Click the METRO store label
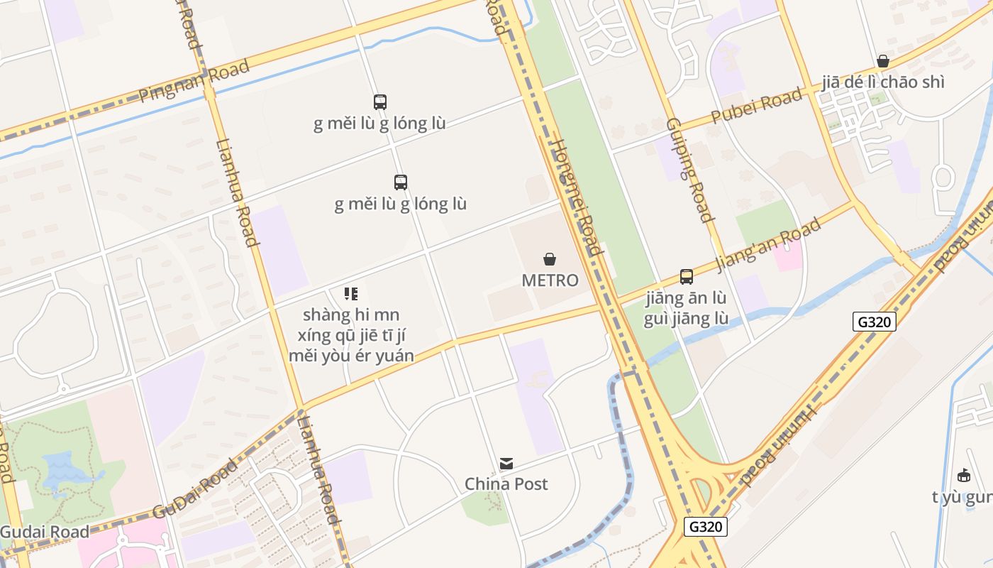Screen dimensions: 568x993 [x=550, y=280]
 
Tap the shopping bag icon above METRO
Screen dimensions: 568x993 [x=550, y=259]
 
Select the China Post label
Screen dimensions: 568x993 [x=506, y=484]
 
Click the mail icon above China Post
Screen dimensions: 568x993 [x=506, y=464]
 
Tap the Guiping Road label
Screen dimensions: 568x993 [x=688, y=169]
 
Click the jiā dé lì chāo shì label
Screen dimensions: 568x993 [x=883, y=82]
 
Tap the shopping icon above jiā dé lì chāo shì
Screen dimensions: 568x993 [x=883, y=61]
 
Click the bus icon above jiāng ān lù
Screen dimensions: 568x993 [x=686, y=277]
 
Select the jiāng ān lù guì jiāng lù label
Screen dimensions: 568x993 [x=686, y=308]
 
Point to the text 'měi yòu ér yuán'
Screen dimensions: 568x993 [x=351, y=355]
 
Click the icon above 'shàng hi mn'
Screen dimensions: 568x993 [x=351, y=293]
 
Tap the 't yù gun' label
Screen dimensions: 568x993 [x=962, y=497]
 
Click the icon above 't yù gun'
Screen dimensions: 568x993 [x=963, y=476]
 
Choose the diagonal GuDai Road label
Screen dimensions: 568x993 [x=195, y=490]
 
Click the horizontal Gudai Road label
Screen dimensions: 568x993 [x=45, y=532]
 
